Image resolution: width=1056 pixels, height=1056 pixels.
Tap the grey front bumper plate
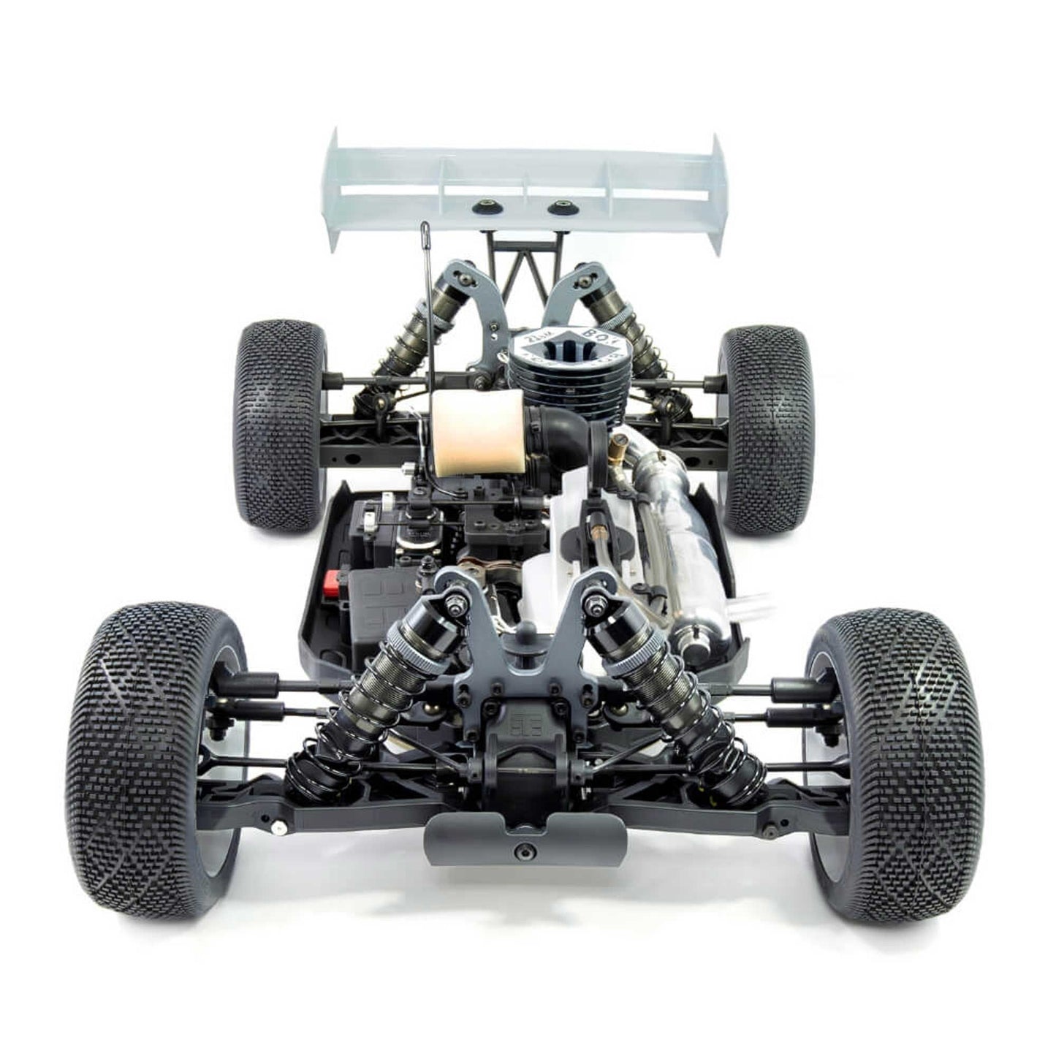pyautogui.click(x=525, y=840)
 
